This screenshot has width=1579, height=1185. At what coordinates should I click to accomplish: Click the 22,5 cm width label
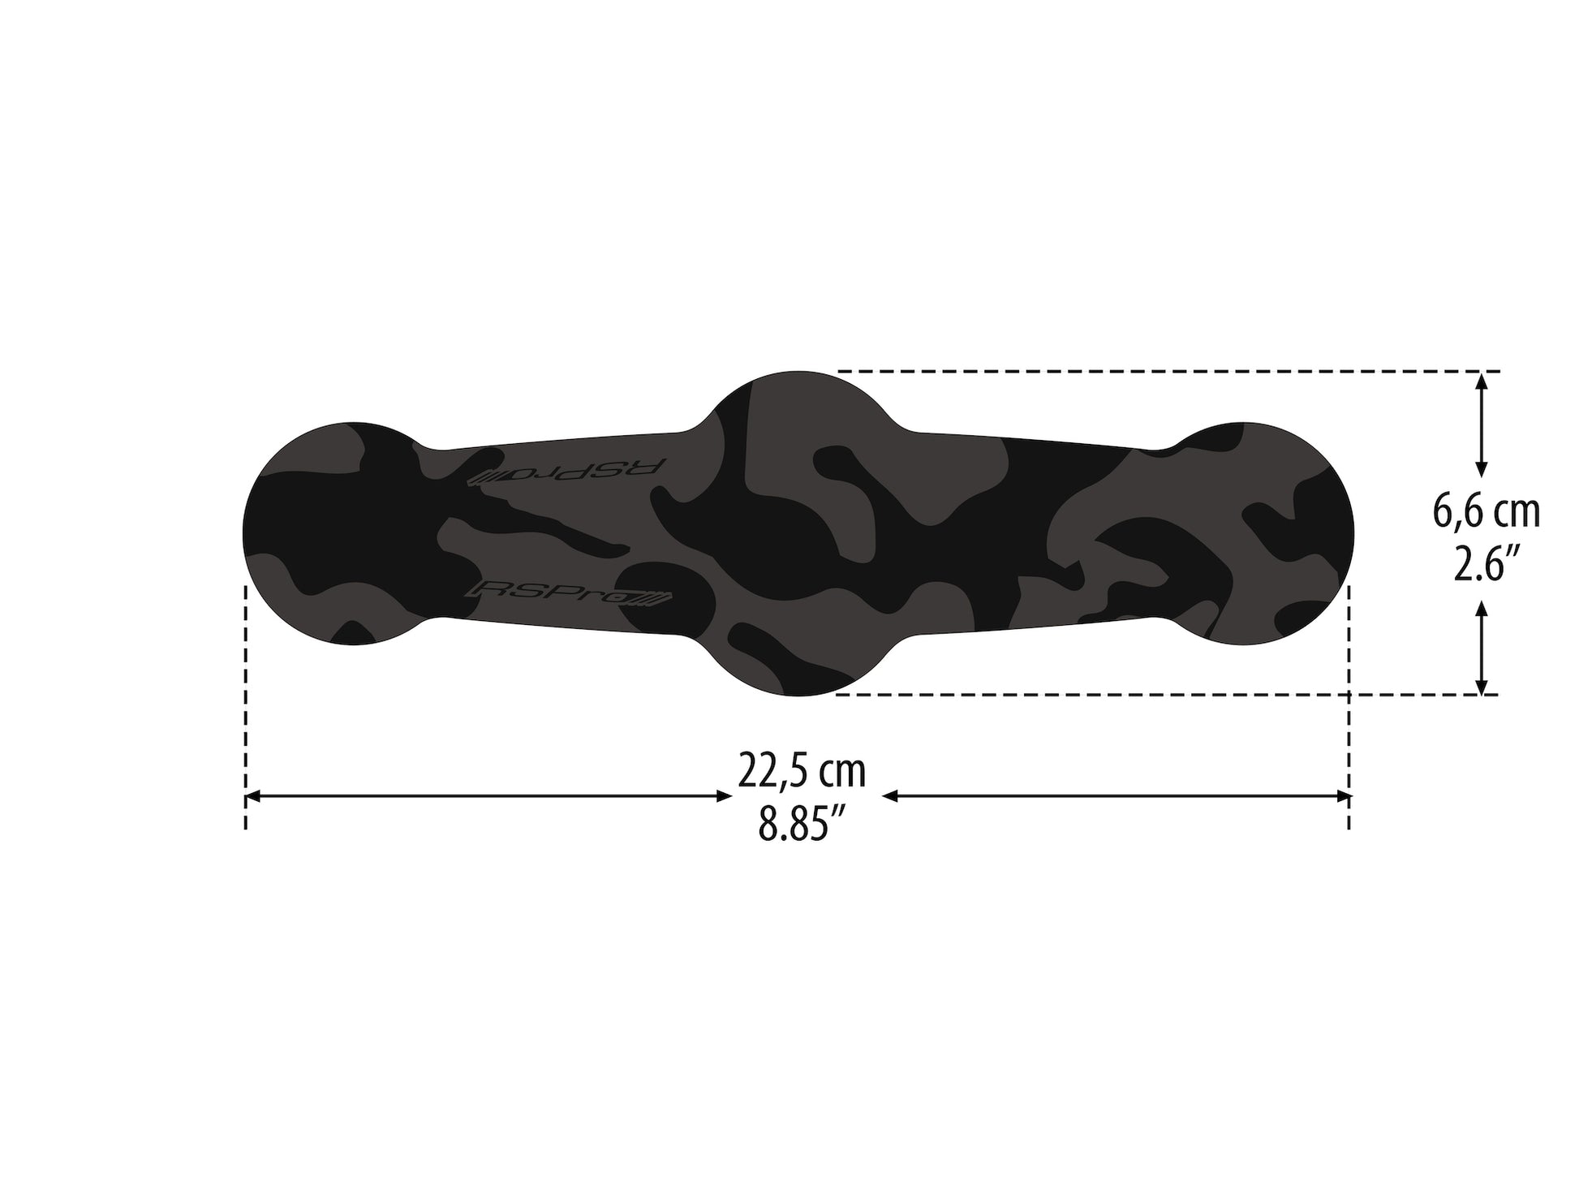pos(801,771)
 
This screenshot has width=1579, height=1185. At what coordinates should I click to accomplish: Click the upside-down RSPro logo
pos(569,472)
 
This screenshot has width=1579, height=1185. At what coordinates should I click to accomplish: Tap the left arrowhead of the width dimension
pos(252,797)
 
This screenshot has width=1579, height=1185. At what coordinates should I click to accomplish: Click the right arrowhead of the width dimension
pos(1343,797)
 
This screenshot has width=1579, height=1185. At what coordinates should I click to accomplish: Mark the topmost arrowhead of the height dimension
pos(1482,379)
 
